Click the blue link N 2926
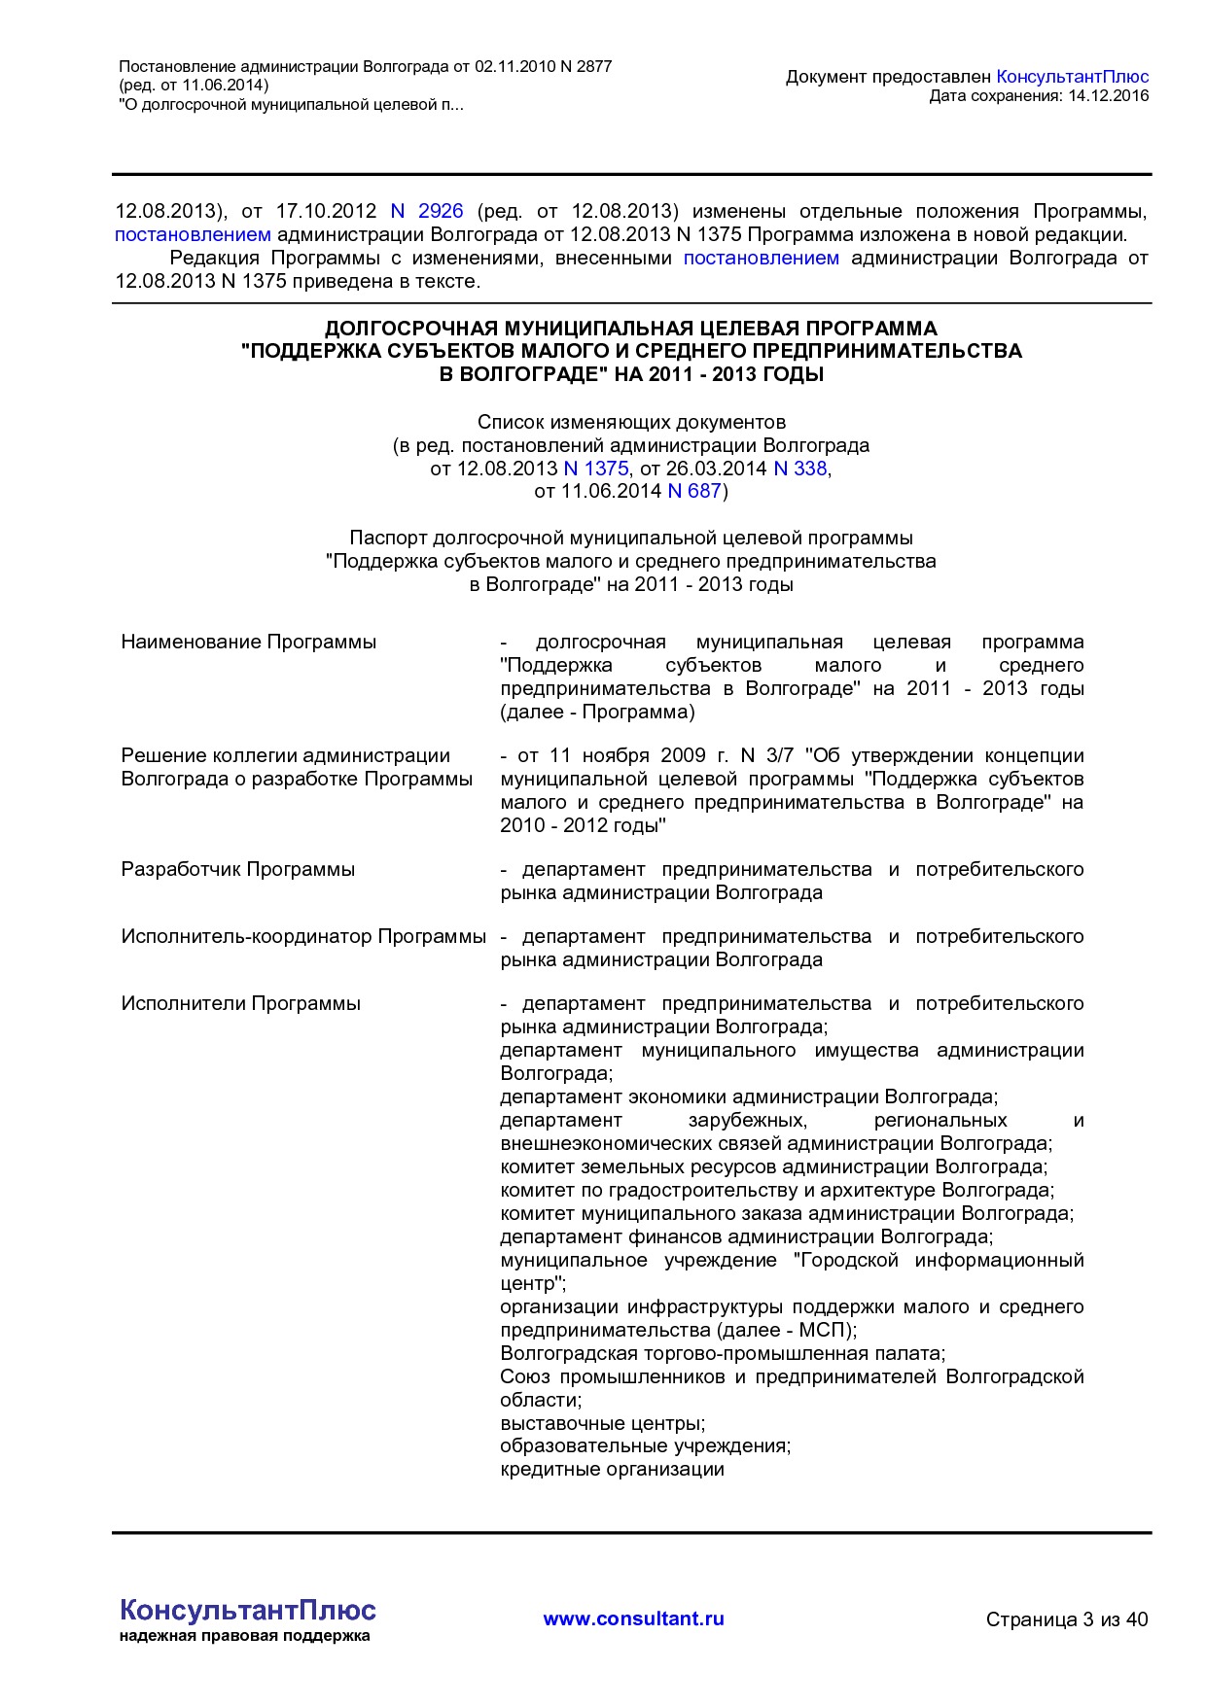[x=427, y=211]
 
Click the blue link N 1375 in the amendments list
[x=596, y=469]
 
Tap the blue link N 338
[x=799, y=469]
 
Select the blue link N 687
[x=694, y=492]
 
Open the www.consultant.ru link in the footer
[x=633, y=1618]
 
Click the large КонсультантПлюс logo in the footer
[x=248, y=1611]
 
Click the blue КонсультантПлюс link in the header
[x=1073, y=77]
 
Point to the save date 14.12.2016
[x=1108, y=95]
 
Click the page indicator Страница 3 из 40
[x=1067, y=1619]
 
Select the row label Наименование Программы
[x=249, y=643]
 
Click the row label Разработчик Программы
[x=238, y=870]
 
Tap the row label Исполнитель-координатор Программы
[x=303, y=937]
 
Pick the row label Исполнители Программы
[x=241, y=1004]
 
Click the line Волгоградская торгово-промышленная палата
[x=723, y=1354]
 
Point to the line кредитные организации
[x=613, y=1470]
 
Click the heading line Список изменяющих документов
[x=631, y=423]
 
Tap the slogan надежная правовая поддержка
[x=245, y=1636]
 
